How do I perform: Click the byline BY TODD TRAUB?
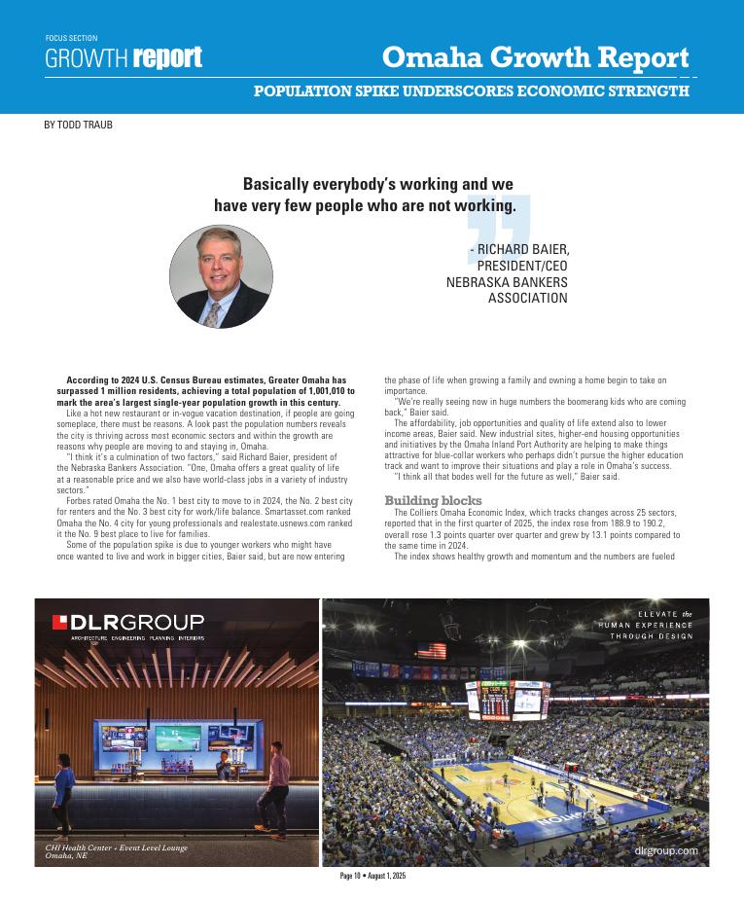[x=78, y=125]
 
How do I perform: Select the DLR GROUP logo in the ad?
[x=128, y=622]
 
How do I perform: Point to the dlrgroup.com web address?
[x=665, y=850]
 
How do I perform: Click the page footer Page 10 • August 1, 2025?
[x=372, y=876]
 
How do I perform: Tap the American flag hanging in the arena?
[x=432, y=650]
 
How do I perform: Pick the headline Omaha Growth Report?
[x=535, y=57]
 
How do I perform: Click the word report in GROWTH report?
[x=167, y=58]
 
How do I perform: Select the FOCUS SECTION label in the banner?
[x=71, y=38]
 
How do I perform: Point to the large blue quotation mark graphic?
[x=498, y=234]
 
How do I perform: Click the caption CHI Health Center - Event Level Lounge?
[x=116, y=848]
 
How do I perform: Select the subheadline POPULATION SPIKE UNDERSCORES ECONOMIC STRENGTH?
[x=472, y=91]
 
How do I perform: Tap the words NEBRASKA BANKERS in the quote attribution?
[x=507, y=282]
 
